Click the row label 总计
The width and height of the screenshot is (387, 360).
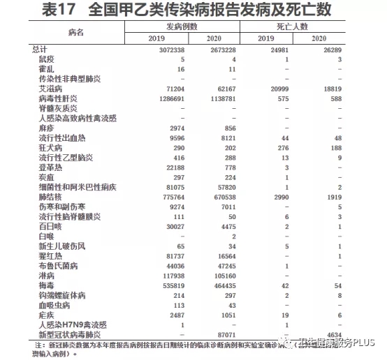40,49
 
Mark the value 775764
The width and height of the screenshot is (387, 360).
170,197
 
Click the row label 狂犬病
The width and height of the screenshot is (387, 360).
52,149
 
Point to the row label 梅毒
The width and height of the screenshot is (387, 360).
48,285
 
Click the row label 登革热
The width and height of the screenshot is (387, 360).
52,168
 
